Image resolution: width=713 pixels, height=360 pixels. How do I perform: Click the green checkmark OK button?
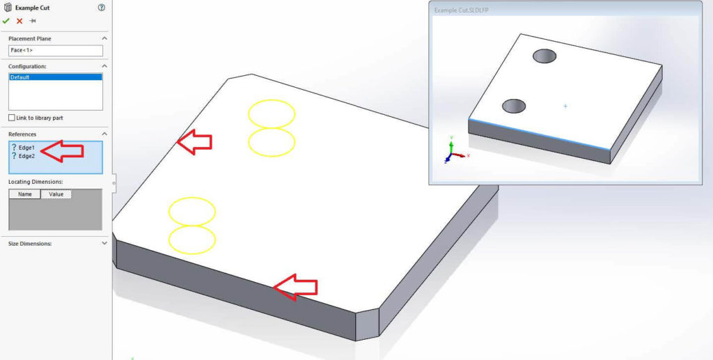point(6,21)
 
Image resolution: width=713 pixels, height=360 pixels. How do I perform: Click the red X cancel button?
point(19,21)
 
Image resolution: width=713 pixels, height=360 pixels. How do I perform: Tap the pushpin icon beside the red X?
point(32,21)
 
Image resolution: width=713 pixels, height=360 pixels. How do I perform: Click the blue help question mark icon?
point(102,8)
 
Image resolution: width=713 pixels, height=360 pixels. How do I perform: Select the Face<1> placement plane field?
point(56,51)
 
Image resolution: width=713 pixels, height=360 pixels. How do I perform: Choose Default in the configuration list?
point(55,77)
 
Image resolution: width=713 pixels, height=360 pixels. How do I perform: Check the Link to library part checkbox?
point(12,118)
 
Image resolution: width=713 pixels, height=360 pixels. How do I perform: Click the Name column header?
point(24,194)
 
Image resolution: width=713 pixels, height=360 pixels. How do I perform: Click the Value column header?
point(56,194)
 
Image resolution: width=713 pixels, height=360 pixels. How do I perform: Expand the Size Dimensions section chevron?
point(104,244)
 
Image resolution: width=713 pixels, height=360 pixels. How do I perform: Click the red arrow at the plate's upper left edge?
point(194,142)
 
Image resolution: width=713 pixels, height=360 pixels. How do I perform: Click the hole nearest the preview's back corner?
point(544,56)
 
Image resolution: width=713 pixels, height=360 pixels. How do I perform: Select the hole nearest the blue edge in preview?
point(514,106)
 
